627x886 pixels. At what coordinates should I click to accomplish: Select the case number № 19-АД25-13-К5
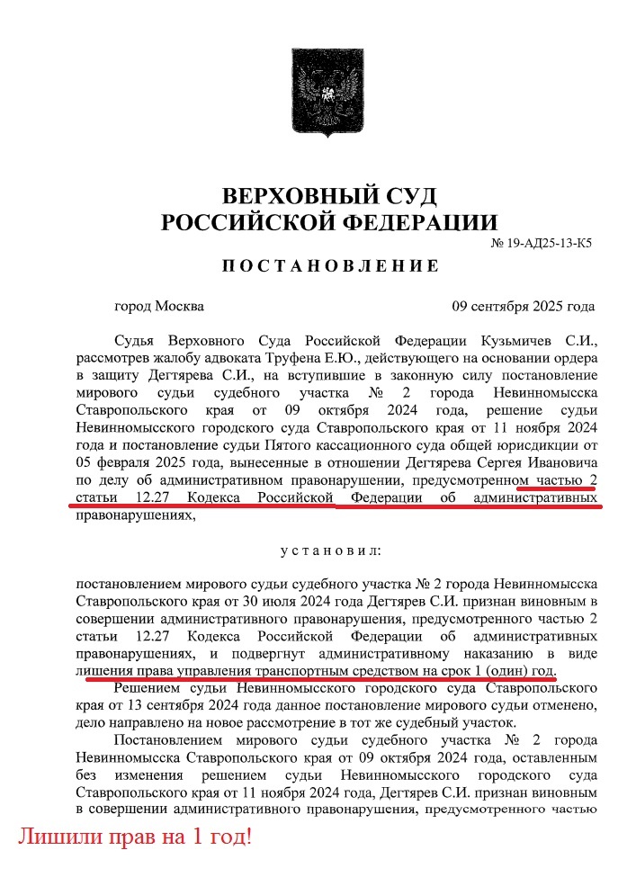pyautogui.click(x=541, y=244)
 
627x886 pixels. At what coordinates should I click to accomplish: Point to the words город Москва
pyautogui.click(x=159, y=306)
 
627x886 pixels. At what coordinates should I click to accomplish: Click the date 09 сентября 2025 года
pyautogui.click(x=523, y=306)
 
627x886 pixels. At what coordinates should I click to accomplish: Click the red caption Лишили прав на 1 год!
pyautogui.click(x=135, y=837)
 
